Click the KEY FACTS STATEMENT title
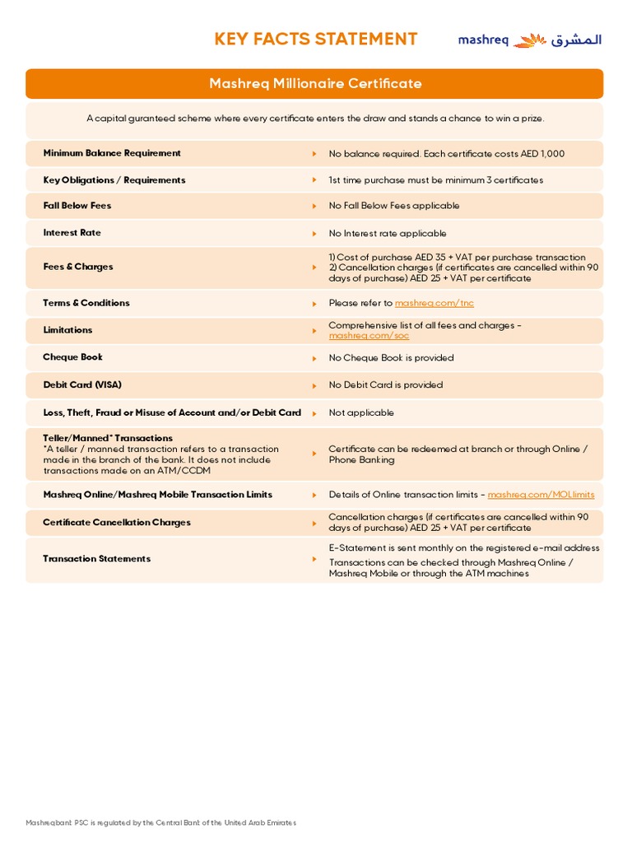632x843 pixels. [316, 39]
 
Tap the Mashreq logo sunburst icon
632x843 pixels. [530, 40]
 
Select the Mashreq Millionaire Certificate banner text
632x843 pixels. [315, 83]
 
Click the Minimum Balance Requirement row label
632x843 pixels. [112, 153]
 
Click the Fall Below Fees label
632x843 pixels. [77, 206]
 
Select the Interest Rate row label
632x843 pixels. [72, 233]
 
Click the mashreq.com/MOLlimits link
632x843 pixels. [541, 495]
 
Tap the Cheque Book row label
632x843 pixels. [72, 357]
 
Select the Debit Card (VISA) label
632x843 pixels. [82, 384]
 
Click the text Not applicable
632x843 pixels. [361, 412]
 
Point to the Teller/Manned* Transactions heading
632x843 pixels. [108, 438]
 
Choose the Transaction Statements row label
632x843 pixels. [97, 559]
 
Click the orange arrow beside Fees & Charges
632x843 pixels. [314, 268]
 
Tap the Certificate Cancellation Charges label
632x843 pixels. [117, 523]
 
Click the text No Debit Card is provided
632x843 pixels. [385, 384]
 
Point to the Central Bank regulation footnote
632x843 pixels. [161, 822]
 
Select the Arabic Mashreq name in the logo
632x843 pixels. [576, 40]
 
